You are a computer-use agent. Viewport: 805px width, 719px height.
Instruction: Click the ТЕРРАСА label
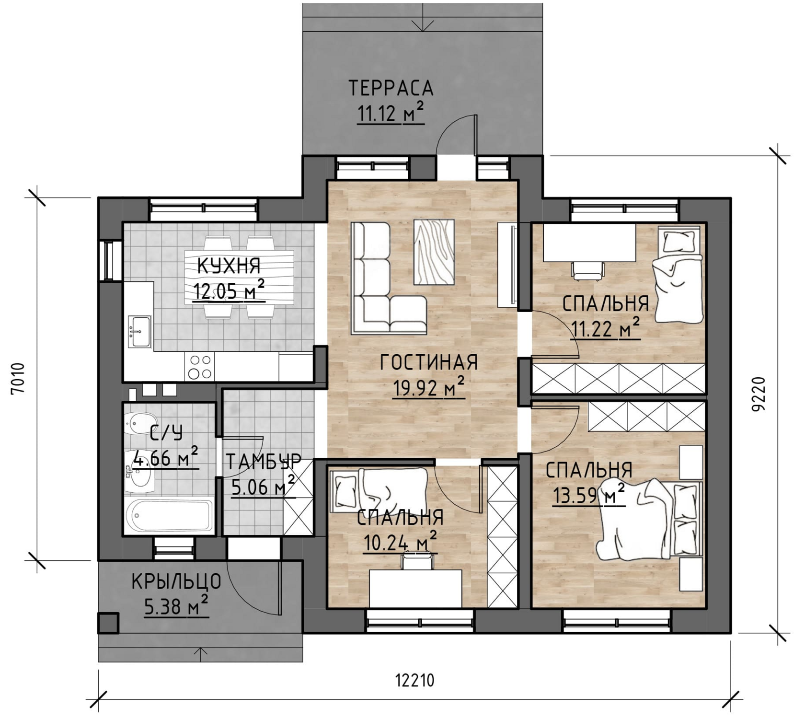click(391, 89)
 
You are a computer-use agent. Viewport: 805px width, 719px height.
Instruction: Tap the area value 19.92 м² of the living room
click(428, 388)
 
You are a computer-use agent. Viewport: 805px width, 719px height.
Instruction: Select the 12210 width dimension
click(414, 680)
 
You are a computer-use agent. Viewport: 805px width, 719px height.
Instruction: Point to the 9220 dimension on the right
click(758, 394)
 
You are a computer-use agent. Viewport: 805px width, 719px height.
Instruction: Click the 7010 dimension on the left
click(18, 378)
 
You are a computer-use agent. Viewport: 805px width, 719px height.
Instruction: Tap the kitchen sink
click(140, 332)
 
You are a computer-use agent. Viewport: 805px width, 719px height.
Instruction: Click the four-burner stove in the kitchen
click(200, 367)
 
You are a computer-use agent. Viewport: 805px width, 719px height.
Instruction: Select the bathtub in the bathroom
click(169, 516)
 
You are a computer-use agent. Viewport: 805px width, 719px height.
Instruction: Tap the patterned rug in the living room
click(434, 252)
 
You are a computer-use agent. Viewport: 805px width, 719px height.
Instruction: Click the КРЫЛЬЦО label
click(176, 581)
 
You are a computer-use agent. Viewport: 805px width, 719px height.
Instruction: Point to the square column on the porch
click(108, 623)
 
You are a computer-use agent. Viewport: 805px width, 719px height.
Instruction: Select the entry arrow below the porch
click(201, 655)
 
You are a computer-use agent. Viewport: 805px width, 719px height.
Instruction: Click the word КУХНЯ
click(229, 266)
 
